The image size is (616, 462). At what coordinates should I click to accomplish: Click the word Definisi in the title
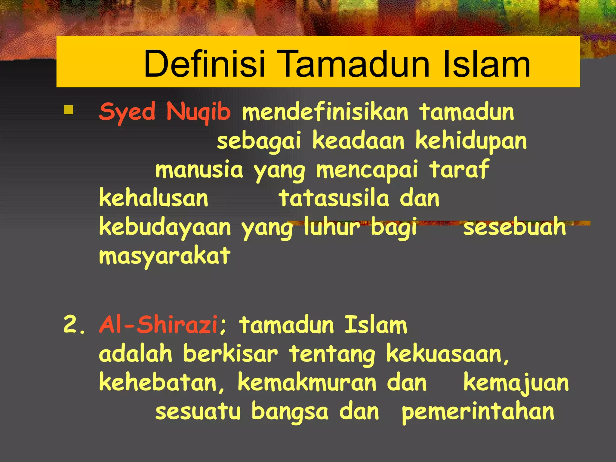pos(204,64)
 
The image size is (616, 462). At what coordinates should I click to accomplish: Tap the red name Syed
pos(127,112)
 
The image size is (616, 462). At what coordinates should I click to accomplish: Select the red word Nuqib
pos(199,112)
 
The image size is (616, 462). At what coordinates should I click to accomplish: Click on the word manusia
pos(199,170)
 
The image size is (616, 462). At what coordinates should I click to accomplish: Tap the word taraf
pos(459,169)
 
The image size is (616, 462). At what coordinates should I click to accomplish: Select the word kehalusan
pos(153,198)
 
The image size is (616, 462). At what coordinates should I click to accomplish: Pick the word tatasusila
pos(334,198)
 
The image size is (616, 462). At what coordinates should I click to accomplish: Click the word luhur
pos(332,226)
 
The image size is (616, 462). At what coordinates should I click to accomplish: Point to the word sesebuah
pos(514,226)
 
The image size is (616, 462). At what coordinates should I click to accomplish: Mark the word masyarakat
pos(165,256)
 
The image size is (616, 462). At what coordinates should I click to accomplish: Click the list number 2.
pos(74,325)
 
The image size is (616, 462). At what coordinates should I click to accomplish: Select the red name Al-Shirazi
pos(159,325)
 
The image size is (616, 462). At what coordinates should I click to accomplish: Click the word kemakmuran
pos(307,383)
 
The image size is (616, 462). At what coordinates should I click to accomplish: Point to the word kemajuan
pos(516,383)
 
